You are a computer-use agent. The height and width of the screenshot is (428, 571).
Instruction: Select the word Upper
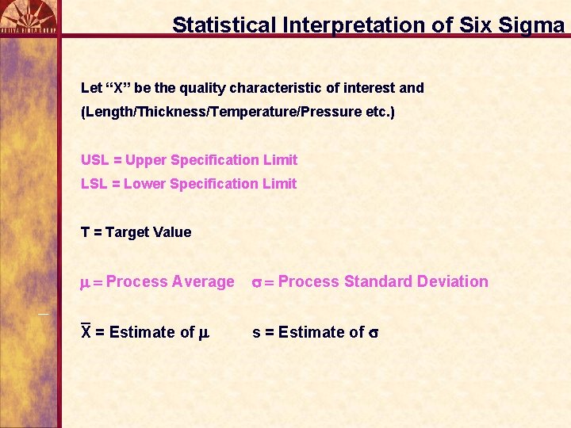[145, 160]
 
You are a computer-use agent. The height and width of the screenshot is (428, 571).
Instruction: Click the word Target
[127, 232]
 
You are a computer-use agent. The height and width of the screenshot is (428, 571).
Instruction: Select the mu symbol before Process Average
[86, 283]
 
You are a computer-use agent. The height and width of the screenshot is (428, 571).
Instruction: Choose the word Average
[203, 282]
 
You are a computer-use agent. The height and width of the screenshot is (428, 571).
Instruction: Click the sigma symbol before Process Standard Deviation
[257, 283]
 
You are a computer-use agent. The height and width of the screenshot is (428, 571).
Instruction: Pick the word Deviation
[454, 282]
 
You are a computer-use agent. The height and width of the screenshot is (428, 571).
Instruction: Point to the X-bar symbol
[86, 331]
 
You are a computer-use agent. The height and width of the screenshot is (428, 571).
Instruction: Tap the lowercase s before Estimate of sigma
[255, 333]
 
